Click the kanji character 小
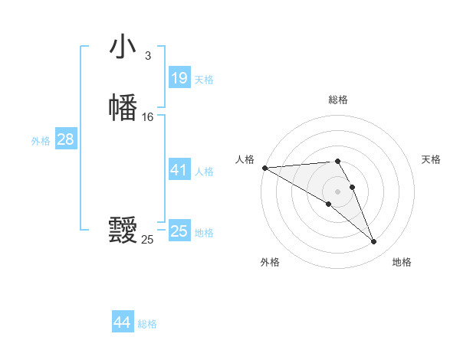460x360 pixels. (x=123, y=47)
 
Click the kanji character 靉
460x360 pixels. (x=123, y=230)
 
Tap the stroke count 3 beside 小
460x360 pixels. (x=147, y=56)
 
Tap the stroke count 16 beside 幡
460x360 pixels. (x=147, y=117)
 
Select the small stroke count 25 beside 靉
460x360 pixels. (x=147, y=240)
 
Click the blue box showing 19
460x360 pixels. (x=179, y=78)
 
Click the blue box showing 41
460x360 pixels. (x=179, y=170)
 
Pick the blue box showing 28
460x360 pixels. (x=65, y=139)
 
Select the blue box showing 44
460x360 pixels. (x=123, y=322)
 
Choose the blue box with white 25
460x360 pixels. (x=179, y=231)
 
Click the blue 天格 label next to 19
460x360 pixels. (x=204, y=80)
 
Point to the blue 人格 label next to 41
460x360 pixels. (x=204, y=172)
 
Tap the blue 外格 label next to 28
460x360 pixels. (x=41, y=141)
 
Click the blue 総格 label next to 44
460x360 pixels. (x=147, y=324)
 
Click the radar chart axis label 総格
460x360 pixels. (x=338, y=100)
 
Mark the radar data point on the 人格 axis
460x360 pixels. (x=264, y=167)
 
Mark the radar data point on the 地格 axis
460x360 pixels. (x=373, y=242)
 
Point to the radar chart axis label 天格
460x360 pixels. (x=432, y=159)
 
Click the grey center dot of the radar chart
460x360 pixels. (x=338, y=191)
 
